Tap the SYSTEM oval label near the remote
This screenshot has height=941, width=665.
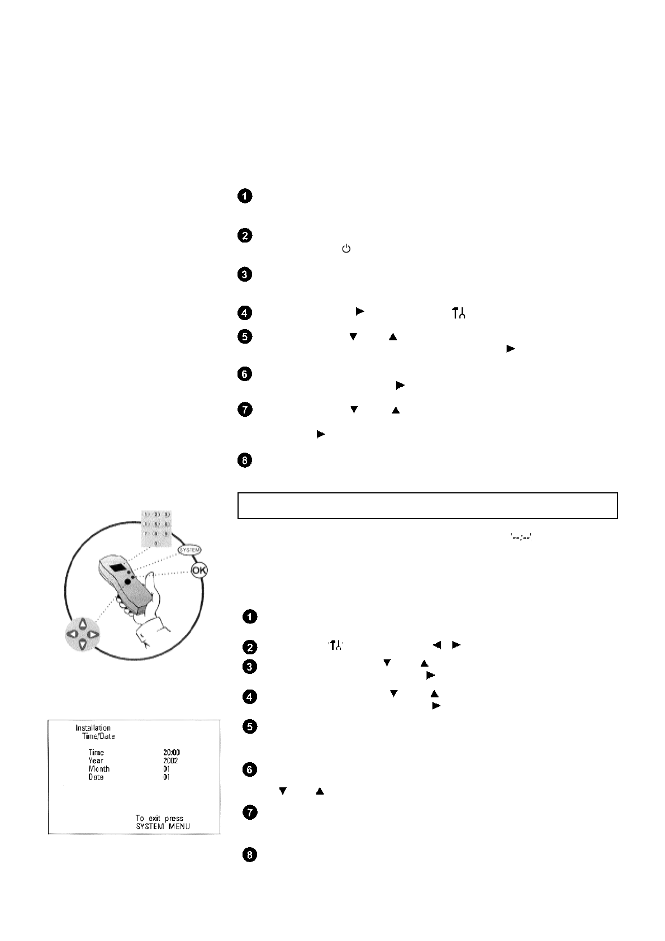point(189,550)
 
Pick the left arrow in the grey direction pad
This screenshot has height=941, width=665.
point(72,634)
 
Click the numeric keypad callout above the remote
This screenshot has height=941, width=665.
point(155,527)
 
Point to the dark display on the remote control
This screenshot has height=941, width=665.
point(118,568)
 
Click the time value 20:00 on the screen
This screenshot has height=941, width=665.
point(172,753)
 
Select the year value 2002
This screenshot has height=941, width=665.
point(170,761)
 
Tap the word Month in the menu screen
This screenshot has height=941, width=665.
point(99,769)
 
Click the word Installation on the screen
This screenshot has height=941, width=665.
point(93,728)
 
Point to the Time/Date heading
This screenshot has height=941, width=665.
point(98,736)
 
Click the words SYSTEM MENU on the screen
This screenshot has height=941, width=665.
point(163,826)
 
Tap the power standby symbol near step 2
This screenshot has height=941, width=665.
point(346,249)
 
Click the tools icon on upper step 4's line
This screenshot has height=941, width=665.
point(458,313)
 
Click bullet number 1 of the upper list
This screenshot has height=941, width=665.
point(245,196)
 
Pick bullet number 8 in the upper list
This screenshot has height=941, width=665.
point(245,461)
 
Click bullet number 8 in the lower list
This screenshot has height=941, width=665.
point(250,855)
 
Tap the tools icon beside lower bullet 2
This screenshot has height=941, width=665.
point(336,645)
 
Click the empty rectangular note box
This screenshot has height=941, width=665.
point(427,506)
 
